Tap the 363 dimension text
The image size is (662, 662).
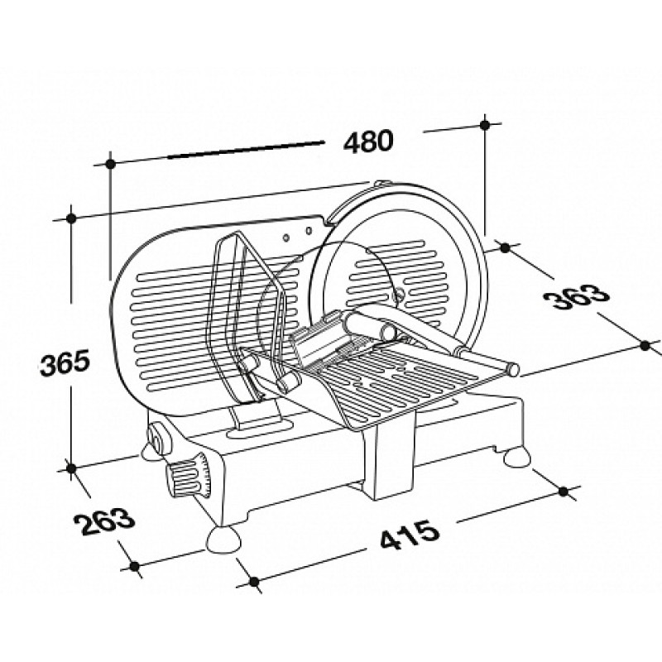pos(577,295)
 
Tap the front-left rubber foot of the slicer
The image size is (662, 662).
pos(224,539)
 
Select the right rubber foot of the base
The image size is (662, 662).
pos(516,458)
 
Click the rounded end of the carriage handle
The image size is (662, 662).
pos(513,369)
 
